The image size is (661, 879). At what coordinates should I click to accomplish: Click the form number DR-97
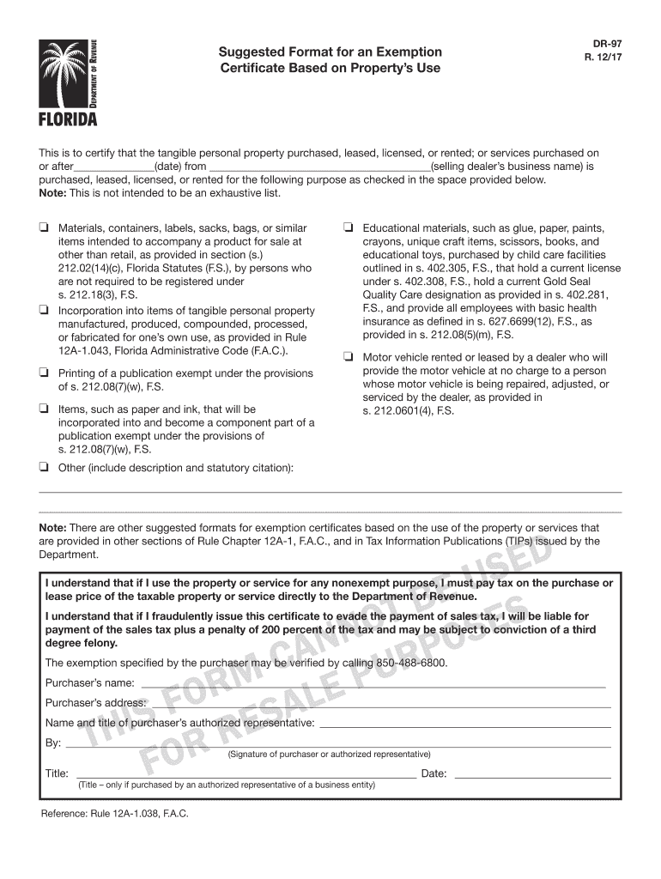pyautogui.click(x=608, y=42)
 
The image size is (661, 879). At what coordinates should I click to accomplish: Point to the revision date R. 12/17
pyautogui.click(x=608, y=58)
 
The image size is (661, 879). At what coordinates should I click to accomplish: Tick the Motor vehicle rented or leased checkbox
pyautogui.click(x=349, y=357)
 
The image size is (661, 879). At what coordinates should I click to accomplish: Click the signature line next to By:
pyautogui.click(x=339, y=743)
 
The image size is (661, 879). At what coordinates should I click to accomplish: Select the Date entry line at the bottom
pyautogui.click(x=532, y=774)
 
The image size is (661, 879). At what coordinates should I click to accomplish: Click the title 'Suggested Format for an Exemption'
pyautogui.click(x=330, y=52)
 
